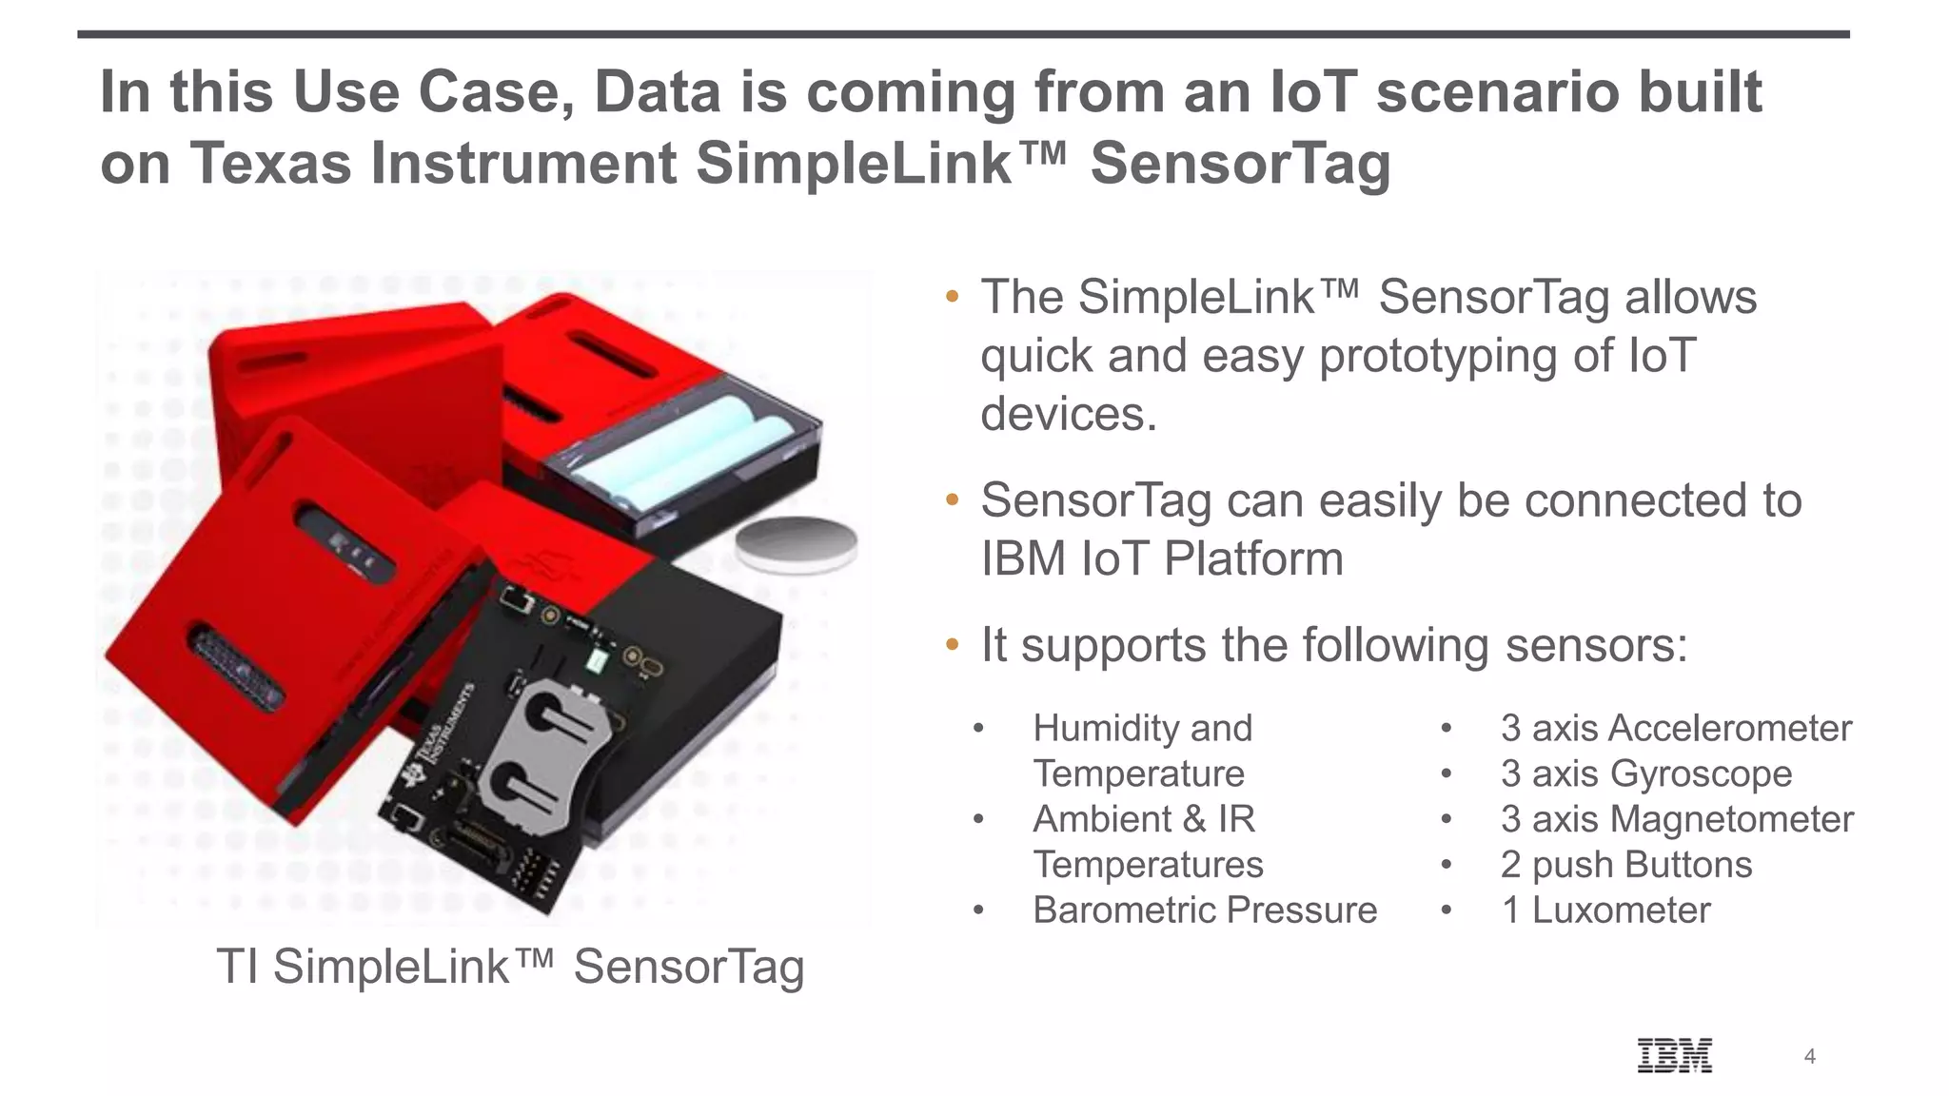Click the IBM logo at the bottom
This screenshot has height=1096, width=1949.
[1675, 1055]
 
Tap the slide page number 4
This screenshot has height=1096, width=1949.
[1810, 1056]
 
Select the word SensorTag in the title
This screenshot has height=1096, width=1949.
[1240, 164]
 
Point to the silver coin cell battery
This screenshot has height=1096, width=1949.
[797, 544]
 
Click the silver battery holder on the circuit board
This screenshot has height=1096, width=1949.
[542, 761]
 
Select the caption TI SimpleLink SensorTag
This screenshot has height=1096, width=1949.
[510, 967]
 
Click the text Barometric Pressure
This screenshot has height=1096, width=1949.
[1205, 910]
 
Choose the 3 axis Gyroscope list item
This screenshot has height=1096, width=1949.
[1646, 773]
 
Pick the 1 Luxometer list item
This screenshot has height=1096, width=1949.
[1605, 910]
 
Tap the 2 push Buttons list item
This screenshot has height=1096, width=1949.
[1626, 865]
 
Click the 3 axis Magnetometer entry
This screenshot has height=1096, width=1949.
[1677, 819]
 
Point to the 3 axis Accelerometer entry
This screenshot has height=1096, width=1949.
[1676, 728]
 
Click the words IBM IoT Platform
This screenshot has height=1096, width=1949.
[1162, 558]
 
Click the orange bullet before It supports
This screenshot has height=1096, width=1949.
[952, 646]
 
